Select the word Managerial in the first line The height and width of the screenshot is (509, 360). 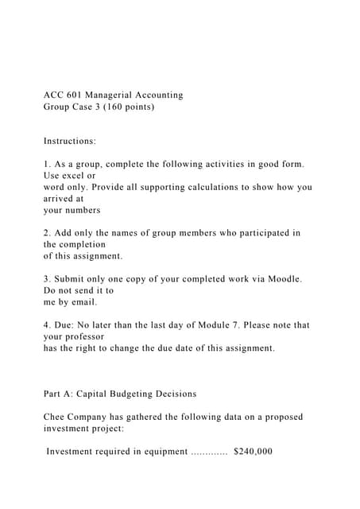click(118, 95)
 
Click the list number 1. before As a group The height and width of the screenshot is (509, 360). click(47, 164)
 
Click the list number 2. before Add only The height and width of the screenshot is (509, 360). click(47, 233)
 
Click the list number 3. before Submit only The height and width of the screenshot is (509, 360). click(47, 279)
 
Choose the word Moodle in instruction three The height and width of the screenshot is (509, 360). click(283, 279)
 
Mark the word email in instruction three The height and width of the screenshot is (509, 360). click(83, 302)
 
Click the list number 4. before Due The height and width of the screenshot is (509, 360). click(47, 325)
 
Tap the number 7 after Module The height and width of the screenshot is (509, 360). click(237, 325)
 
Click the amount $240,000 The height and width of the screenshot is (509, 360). click(254, 452)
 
